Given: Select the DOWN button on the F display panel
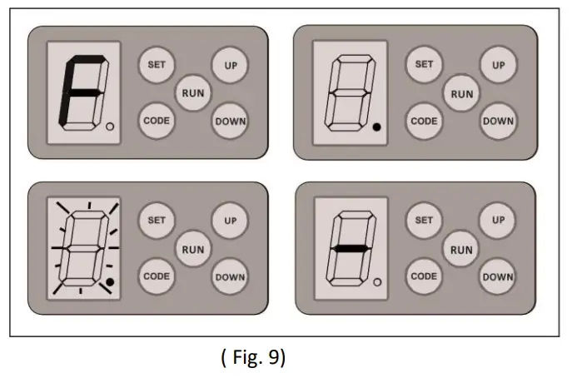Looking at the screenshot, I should pyautogui.click(x=230, y=122).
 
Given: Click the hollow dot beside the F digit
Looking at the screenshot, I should pyautogui.click(x=111, y=127).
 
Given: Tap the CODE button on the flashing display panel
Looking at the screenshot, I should pyautogui.click(x=155, y=276).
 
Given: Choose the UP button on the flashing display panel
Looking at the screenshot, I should pyautogui.click(x=230, y=221).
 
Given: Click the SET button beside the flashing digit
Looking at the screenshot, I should pyautogui.click(x=156, y=221).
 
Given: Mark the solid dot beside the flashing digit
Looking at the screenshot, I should pyautogui.click(x=110, y=283).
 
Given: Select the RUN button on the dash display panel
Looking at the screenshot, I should pyautogui.click(x=460, y=249).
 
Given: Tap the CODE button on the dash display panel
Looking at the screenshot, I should pyautogui.click(x=424, y=276).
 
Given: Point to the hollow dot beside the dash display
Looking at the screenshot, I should pyautogui.click(x=376, y=283).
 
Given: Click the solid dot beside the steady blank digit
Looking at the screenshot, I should pyautogui.click(x=376, y=127).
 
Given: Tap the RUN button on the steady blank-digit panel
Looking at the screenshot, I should pyautogui.click(x=461, y=93).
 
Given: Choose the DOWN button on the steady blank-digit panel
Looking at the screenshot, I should pyautogui.click(x=498, y=122).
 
